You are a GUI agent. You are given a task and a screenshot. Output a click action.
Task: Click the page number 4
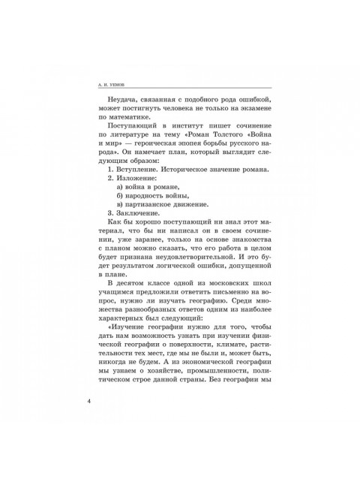click(x=90, y=418)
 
